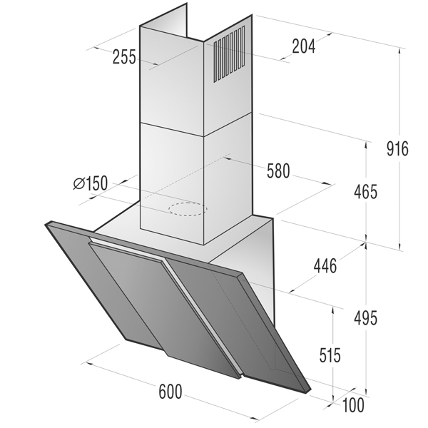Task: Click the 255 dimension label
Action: click(124, 57)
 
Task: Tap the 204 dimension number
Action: click(304, 46)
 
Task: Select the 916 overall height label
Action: click(397, 149)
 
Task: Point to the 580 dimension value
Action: click(278, 171)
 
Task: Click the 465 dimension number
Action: click(365, 192)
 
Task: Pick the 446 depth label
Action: click(325, 266)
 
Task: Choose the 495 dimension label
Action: click(365, 318)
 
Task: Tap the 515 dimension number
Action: click(330, 355)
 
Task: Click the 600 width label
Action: click(170, 392)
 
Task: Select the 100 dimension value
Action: click(353, 404)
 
